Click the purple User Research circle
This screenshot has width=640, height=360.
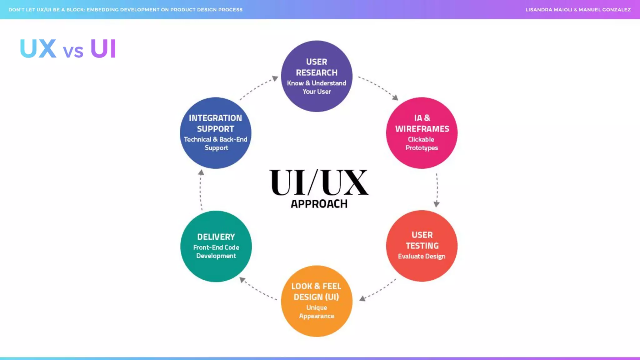point(317,76)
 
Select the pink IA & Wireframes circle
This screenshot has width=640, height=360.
point(422,133)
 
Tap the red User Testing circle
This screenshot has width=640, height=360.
point(422,246)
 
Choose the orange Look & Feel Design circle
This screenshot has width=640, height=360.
point(317,301)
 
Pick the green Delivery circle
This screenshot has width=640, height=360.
point(216,246)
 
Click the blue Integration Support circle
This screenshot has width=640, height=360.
point(215,133)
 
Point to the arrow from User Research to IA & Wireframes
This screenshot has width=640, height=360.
point(378,87)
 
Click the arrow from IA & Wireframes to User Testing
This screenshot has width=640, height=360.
point(437,189)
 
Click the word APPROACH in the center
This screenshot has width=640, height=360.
point(319,204)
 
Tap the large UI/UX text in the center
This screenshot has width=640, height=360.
point(319,182)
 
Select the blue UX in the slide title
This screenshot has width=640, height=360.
point(38,49)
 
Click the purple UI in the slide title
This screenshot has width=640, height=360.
point(103,49)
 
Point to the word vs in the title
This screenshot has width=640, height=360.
point(73,51)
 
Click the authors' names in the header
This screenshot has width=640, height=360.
point(578,10)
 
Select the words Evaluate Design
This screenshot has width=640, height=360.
point(422,256)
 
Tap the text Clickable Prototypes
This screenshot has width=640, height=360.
point(421,143)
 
